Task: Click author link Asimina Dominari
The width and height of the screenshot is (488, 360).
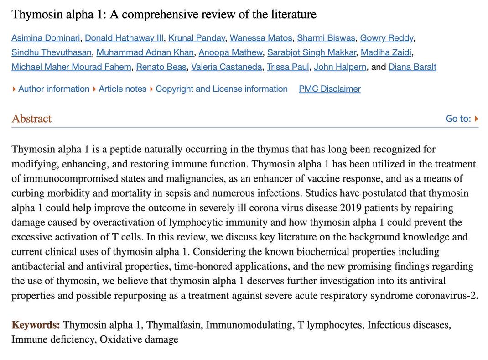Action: pyautogui.click(x=46, y=38)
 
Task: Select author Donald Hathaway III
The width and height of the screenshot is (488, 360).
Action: pyautogui.click(x=124, y=38)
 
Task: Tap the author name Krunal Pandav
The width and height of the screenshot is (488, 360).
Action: pyautogui.click(x=197, y=38)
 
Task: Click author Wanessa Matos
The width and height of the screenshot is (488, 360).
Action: pyautogui.click(x=261, y=38)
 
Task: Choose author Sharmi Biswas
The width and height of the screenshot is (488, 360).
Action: pyautogui.click(x=326, y=38)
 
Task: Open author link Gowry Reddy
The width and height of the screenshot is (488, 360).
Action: pyautogui.click(x=387, y=38)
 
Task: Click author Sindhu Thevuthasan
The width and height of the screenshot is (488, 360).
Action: pyautogui.click(x=52, y=52)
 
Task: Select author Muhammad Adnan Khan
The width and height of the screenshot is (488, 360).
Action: pyautogui.click(x=145, y=52)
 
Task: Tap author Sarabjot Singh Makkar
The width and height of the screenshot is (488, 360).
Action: pyautogui.click(x=311, y=52)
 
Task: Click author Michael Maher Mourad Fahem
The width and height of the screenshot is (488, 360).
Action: pyautogui.click(x=71, y=67)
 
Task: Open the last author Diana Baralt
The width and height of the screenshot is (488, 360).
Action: pyautogui.click(x=412, y=67)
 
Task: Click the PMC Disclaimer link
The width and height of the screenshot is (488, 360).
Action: pyautogui.click(x=330, y=89)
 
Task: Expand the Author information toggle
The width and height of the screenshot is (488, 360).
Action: pyautogui.click(x=53, y=89)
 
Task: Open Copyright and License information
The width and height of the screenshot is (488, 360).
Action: pyautogui.click(x=222, y=89)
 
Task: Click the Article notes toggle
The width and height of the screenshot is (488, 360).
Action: pyautogui.click(x=122, y=89)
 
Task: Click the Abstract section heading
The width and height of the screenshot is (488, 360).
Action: pyautogui.click(x=31, y=119)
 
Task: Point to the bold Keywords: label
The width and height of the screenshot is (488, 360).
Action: pyautogui.click(x=36, y=325)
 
